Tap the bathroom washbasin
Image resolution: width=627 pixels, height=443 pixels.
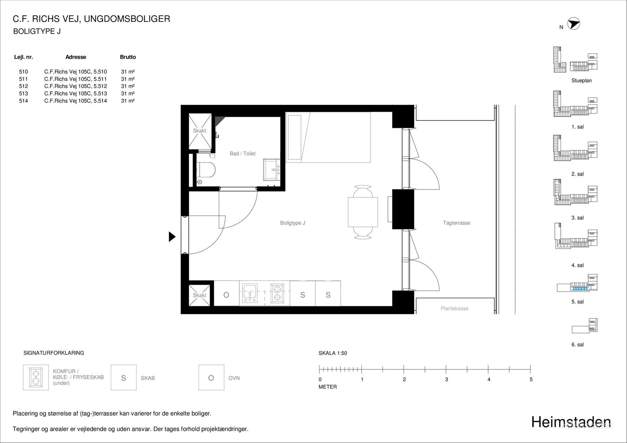[271, 169]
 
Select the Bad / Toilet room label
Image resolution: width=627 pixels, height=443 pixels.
[243, 154]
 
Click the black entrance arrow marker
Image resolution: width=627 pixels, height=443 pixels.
[172, 237]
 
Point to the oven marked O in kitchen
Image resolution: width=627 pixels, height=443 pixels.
[226, 295]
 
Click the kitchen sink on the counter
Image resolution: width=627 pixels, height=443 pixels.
[250, 294]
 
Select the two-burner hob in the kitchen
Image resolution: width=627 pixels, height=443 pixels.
[277, 294]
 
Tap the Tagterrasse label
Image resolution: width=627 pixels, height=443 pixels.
[456, 223]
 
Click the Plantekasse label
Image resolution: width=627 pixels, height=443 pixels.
[455, 309]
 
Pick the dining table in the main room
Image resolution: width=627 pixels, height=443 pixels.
[363, 212]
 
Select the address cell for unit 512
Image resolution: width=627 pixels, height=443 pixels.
[76, 86]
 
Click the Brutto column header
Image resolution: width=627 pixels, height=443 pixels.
[128, 57]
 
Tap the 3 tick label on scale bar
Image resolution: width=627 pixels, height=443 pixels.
[446, 379]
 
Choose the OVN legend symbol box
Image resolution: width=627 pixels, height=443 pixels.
[211, 378]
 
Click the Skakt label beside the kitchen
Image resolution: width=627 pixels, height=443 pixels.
[199, 295]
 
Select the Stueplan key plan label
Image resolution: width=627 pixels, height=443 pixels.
[582, 81]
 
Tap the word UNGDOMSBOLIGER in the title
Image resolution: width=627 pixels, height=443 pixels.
[127, 19]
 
